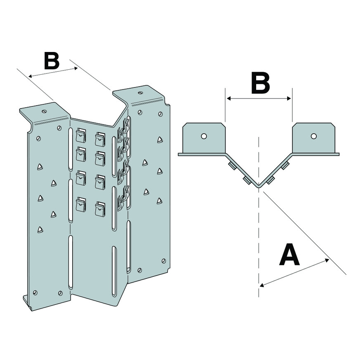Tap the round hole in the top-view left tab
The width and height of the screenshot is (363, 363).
pos(203,136)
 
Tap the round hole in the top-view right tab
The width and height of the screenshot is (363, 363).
pos(314,136)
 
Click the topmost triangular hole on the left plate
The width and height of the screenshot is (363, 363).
pos(40,167)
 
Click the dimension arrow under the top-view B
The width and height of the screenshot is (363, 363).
pos(259,99)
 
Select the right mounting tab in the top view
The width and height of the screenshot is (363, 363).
pos(313,138)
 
